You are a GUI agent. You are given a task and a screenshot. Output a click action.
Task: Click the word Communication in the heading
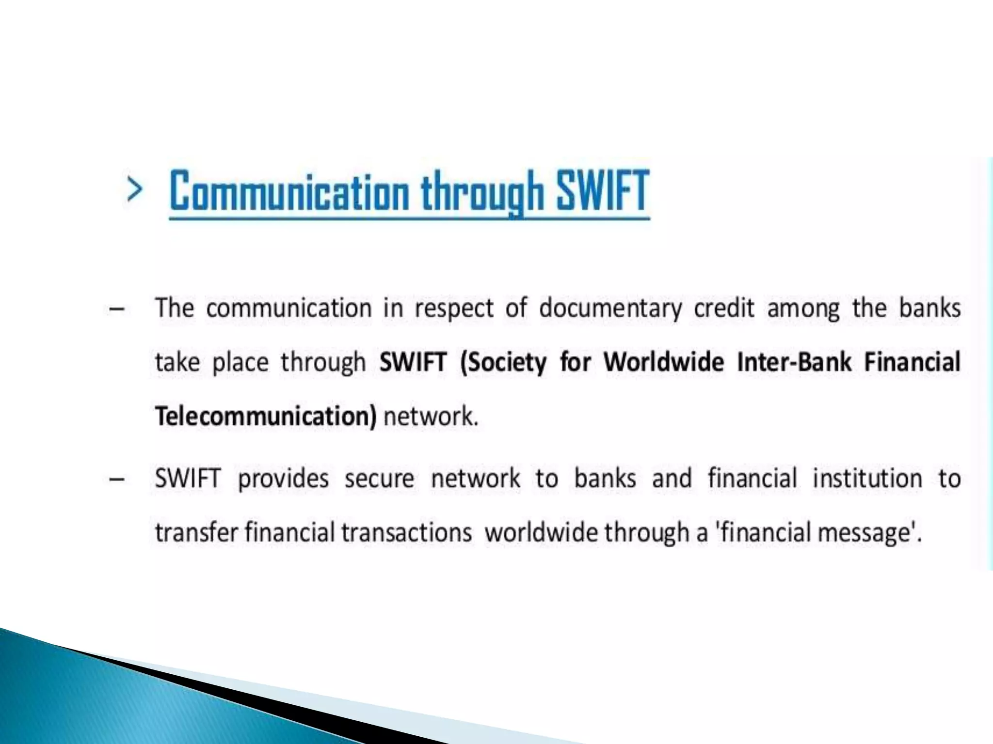pyautogui.click(x=289, y=192)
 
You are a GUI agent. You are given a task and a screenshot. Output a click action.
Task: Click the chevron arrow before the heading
pyautogui.click(x=134, y=189)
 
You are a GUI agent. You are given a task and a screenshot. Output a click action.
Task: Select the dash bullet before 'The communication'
pyautogui.click(x=117, y=309)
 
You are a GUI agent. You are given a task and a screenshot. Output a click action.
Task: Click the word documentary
pyautogui.click(x=610, y=309)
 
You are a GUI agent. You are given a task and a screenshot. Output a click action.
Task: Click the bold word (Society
pyautogui.click(x=503, y=362)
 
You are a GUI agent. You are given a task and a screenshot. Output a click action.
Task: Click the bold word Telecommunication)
pyautogui.click(x=265, y=416)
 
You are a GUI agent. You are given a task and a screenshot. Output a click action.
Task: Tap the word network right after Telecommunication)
pyautogui.click(x=430, y=416)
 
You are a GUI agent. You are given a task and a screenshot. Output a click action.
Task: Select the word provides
pyautogui.click(x=283, y=479)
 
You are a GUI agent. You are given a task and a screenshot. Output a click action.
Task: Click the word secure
pyautogui.click(x=380, y=479)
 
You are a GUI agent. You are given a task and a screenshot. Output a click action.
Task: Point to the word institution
pyautogui.click(x=867, y=478)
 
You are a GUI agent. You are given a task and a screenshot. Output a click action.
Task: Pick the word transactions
pyautogui.click(x=406, y=532)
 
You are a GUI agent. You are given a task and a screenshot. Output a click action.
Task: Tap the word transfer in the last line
pyautogui.click(x=196, y=532)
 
